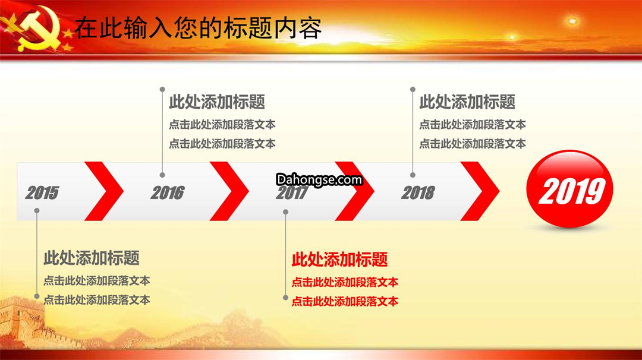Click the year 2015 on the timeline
42,192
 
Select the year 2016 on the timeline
168,192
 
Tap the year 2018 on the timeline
418,192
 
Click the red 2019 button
569,188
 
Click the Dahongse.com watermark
319,179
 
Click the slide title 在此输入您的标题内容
198,29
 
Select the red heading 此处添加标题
339,260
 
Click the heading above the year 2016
217,102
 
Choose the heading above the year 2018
467,102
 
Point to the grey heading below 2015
92,258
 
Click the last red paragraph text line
345,302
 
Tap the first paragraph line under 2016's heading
222,124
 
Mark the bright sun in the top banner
572,21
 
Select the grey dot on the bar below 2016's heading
162,175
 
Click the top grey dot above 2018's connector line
413,89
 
